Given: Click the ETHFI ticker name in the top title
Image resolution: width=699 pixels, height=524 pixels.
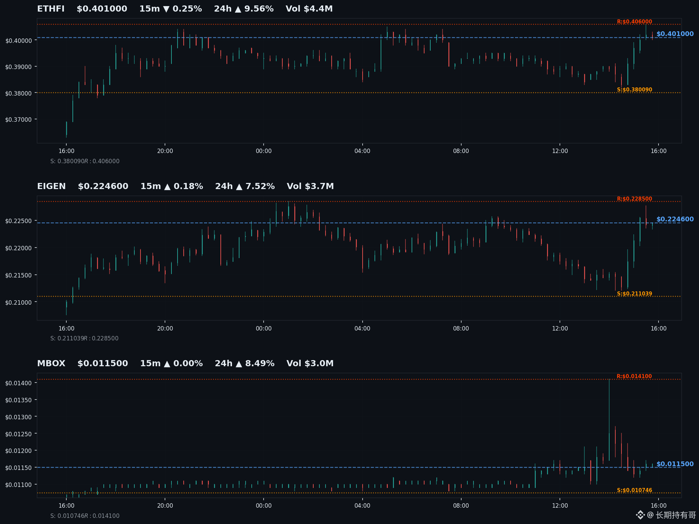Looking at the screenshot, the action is [x=51, y=9].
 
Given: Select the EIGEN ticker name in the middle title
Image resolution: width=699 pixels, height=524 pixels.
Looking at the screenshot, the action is [x=51, y=186].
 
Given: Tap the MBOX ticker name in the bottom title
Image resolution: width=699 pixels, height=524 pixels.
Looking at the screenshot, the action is [x=51, y=364].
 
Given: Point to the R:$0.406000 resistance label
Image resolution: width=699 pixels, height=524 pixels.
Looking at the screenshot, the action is [x=634, y=22].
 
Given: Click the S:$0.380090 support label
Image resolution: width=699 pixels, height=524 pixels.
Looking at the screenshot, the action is [x=634, y=90].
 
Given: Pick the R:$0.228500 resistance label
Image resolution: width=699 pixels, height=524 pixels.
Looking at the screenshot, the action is [x=634, y=199].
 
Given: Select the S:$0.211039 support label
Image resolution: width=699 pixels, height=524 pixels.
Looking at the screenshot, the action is [x=634, y=294].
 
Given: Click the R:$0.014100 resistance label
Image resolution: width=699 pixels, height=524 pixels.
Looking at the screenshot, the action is [x=634, y=376].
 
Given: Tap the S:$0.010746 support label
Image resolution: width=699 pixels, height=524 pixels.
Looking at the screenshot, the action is [x=634, y=490].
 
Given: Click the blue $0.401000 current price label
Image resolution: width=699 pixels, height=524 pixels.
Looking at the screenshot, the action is [x=675, y=34].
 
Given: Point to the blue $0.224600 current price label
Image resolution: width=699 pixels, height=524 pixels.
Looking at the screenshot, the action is [x=675, y=219].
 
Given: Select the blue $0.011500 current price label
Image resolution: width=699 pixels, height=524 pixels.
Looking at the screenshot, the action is [x=675, y=464].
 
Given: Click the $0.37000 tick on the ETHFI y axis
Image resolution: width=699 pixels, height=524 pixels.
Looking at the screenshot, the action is [x=18, y=120].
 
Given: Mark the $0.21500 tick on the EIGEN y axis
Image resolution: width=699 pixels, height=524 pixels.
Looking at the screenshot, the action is [x=18, y=275].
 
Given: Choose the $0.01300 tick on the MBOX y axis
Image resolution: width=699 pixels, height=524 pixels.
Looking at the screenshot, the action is [x=18, y=417].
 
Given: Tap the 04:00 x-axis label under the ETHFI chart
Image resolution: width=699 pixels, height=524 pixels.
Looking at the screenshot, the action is [x=362, y=151].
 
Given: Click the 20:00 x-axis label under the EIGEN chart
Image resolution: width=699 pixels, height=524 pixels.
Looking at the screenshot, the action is [x=165, y=328].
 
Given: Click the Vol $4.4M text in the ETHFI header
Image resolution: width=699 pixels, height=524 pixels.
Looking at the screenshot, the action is [x=309, y=9].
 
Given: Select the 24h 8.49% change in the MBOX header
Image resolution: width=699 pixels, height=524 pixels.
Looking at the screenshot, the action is [x=245, y=364].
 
